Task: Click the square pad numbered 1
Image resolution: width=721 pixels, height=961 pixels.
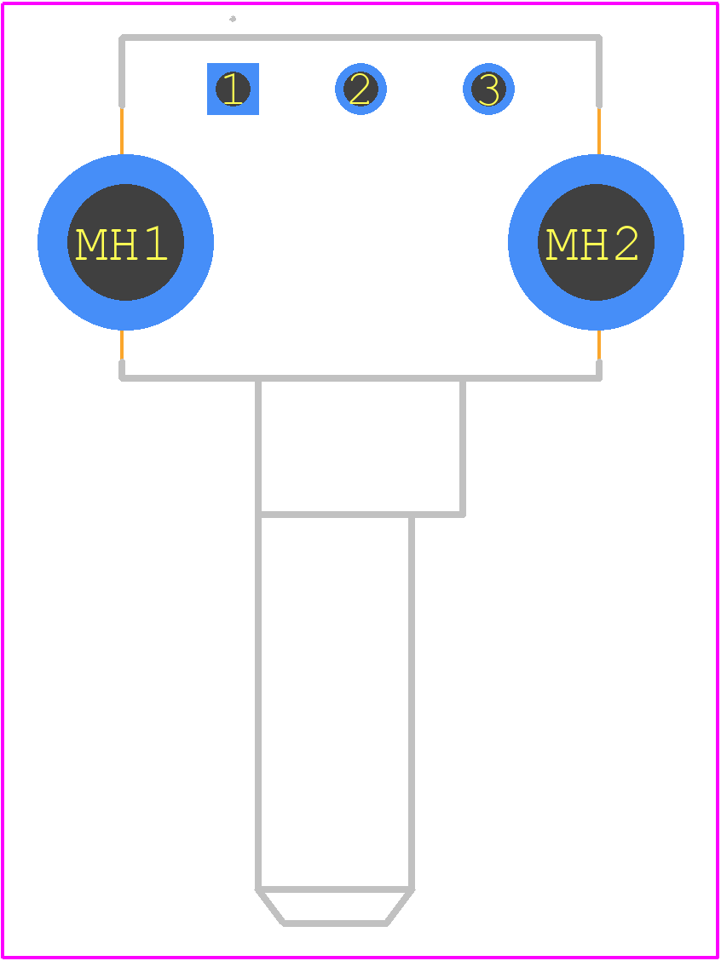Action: pos(233,89)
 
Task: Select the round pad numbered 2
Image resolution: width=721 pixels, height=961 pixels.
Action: pos(360,89)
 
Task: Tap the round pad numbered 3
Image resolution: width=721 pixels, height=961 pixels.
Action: pos(488,89)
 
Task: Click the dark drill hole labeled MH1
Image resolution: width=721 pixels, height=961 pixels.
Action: pos(125,242)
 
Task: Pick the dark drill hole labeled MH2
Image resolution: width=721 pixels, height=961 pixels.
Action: pos(596,242)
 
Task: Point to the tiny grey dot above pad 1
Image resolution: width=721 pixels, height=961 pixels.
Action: pos(233,19)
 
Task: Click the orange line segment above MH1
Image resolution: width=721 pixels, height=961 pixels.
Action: pos(121,131)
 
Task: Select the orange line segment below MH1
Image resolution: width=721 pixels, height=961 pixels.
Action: pos(121,345)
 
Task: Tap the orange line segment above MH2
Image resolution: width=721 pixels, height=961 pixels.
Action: pos(599,131)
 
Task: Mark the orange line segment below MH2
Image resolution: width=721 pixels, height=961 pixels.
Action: pos(599,345)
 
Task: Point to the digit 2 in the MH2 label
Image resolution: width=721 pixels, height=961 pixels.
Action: pos(626,244)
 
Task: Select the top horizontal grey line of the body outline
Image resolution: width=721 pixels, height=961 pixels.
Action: pos(360,38)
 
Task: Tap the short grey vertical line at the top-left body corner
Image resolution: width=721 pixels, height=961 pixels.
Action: pos(122,72)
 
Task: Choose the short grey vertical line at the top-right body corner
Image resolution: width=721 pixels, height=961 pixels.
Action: pos(599,72)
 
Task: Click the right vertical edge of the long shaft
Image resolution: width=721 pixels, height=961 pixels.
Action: pos(412,702)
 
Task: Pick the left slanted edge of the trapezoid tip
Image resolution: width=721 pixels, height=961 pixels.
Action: pos(270,906)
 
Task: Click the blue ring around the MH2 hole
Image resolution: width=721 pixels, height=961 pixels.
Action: pos(670,242)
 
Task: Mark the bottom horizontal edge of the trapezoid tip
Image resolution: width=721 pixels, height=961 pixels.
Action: pos(335,923)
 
